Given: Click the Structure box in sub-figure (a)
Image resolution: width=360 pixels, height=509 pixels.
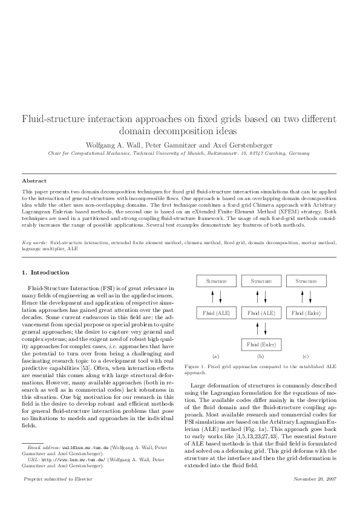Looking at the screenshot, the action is tap(216, 281).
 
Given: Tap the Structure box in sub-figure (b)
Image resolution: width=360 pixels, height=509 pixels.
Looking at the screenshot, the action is tap(261, 281).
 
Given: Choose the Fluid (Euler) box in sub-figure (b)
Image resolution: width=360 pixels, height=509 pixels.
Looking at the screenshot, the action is tap(261, 345).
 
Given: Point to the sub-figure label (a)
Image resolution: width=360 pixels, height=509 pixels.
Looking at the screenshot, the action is tap(216, 357).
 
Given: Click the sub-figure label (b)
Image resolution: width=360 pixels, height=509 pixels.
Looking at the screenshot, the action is tap(261, 357).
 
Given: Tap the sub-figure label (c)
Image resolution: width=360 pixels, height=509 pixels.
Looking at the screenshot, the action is tap(306, 357).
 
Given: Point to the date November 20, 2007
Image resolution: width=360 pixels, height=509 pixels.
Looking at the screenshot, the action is tap(316, 479).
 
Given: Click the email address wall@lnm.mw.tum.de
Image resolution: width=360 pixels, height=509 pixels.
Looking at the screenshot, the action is tap(82, 447).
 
